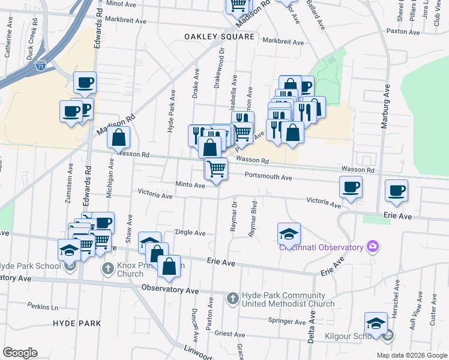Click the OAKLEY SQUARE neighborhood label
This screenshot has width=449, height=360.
tap(219, 37)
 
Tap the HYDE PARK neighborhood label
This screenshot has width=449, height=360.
tap(76, 323)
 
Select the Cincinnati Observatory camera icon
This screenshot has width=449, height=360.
tap(373, 246)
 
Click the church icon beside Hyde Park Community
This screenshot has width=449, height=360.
tap(233, 298)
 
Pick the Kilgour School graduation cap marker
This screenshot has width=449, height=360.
tap(376, 323)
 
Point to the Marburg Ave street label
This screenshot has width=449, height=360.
tap(387, 107)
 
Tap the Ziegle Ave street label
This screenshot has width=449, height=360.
tap(190, 233)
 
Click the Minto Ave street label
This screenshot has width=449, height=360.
tap(190, 185)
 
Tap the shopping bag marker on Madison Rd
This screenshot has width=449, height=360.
tap(119, 137)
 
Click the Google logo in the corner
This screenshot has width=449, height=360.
tap(20, 352)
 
